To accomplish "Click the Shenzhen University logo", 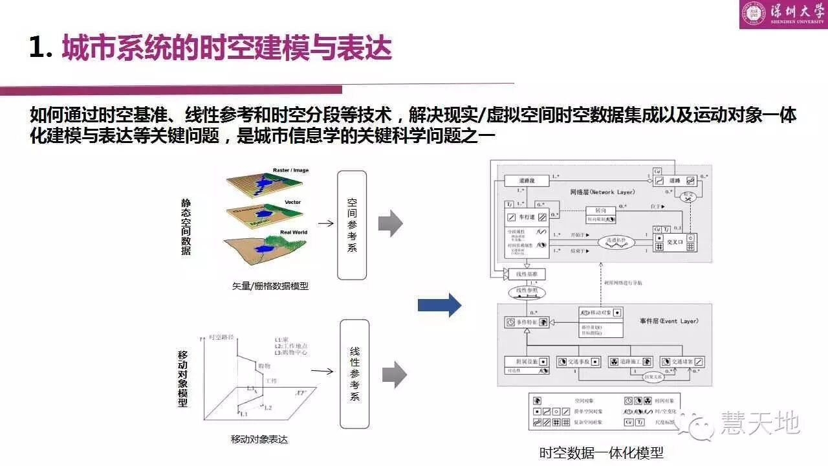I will point(783,14).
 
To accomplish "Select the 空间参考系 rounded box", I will point(352,225).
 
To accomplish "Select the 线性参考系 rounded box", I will point(354,374).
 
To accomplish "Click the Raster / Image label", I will point(290,170).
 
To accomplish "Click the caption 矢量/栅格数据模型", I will point(270,285).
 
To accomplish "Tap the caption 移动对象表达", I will point(259,439).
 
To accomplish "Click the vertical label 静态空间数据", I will point(186,227).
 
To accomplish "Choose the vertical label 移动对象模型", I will point(183,379).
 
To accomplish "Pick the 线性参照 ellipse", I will point(527,293).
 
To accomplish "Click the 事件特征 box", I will point(527,320).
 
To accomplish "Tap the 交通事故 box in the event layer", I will point(579,362).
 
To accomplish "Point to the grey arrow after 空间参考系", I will point(390,223).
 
